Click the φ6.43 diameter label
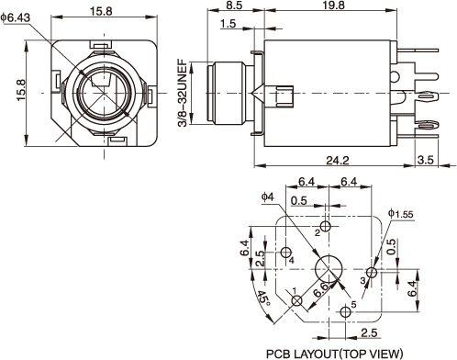point(16,17)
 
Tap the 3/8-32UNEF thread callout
point(183,93)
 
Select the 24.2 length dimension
point(338,160)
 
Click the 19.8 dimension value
point(333,6)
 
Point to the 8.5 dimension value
point(235,6)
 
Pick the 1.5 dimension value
point(228,24)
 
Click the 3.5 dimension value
point(426,160)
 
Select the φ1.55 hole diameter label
point(401,214)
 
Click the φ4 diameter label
point(268,197)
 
